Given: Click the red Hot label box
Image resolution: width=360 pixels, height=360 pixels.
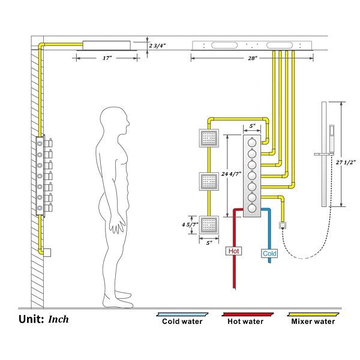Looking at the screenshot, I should (x=233, y=250).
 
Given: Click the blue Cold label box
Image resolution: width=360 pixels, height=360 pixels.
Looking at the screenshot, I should (x=270, y=253).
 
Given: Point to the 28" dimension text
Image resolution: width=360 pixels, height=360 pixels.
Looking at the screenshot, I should (x=251, y=58).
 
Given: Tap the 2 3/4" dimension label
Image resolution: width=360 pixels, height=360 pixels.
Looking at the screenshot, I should (x=158, y=44).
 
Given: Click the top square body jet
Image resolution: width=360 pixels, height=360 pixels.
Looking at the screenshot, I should (x=208, y=139).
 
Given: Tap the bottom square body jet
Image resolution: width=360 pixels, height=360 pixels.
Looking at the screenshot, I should (x=208, y=226).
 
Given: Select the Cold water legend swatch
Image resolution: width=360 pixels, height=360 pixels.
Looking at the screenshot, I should (x=182, y=314).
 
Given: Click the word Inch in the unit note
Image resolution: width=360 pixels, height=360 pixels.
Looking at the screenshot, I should (x=59, y=319).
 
